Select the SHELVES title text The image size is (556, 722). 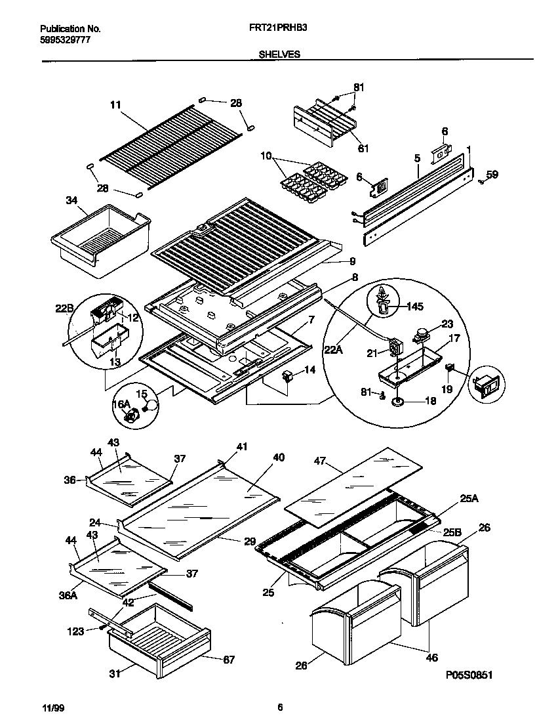275,54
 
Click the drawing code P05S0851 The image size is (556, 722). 467,674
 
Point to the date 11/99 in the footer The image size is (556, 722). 52,707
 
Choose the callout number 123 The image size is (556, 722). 76,631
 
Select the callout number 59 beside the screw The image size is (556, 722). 492,175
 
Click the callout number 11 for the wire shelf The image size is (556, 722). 115,104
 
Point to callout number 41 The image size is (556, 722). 242,447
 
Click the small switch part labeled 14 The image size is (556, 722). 286,376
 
